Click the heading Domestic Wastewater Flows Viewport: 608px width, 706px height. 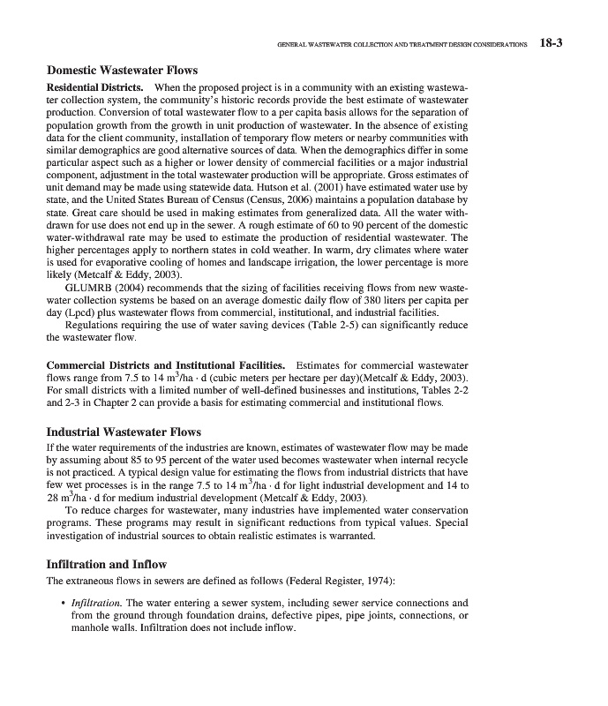click(x=122, y=70)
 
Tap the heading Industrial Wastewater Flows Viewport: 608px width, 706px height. click(x=124, y=432)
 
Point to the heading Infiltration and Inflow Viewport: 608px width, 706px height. click(x=106, y=563)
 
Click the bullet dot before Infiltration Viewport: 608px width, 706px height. click(x=64, y=604)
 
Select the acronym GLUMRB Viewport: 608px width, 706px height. click(x=92, y=287)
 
